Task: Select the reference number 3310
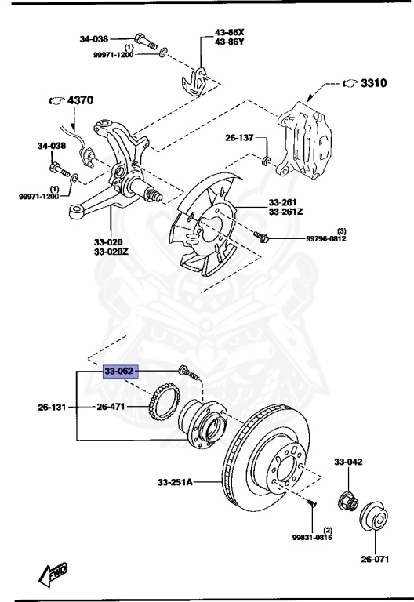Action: [x=373, y=83]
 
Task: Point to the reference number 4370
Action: [x=78, y=100]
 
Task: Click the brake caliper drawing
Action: [x=307, y=132]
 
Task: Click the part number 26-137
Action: [x=240, y=138]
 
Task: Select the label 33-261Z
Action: [x=286, y=212]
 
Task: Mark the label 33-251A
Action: [x=176, y=481]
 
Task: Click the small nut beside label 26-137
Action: [x=266, y=161]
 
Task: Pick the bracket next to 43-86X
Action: [x=195, y=78]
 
